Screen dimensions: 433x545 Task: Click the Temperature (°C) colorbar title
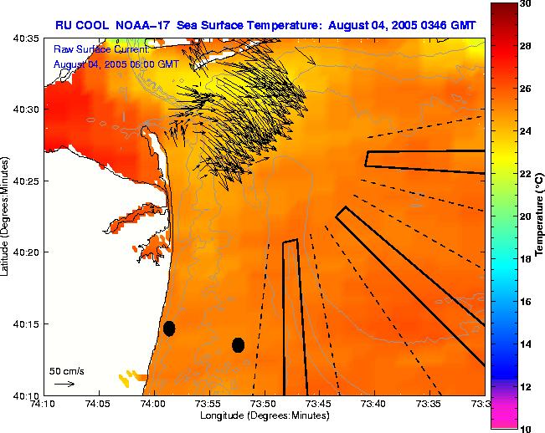[x=539, y=216]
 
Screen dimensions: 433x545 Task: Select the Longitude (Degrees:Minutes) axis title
[x=264, y=415]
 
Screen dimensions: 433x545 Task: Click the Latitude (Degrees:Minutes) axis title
[x=7, y=216]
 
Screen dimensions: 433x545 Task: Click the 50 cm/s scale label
[x=66, y=370]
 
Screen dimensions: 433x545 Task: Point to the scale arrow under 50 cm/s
[x=64, y=384]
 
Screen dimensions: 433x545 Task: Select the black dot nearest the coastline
[x=169, y=328]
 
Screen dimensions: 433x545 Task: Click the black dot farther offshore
[x=238, y=344]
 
